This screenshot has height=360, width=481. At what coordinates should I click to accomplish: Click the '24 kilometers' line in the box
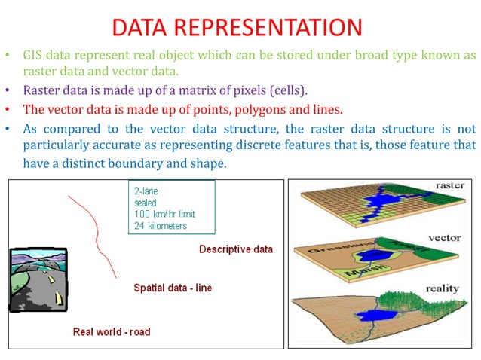(160, 225)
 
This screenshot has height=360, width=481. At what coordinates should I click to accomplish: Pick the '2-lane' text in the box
(146, 192)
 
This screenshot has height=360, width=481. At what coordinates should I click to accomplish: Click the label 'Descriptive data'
(236, 249)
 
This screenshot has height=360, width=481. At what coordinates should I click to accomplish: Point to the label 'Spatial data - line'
(173, 288)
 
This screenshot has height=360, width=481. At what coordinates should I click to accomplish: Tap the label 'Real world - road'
(112, 331)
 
